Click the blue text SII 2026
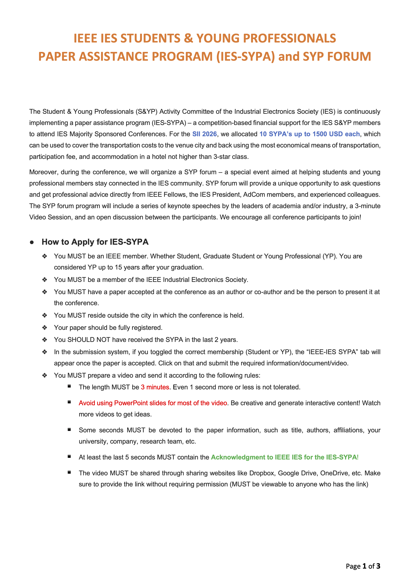(x=204, y=134)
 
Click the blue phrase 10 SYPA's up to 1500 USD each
(x=310, y=134)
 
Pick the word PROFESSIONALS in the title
(x=266, y=38)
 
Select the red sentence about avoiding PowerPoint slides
(x=153, y=403)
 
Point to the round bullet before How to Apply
(x=32, y=242)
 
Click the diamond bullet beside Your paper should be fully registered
(x=45, y=328)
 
